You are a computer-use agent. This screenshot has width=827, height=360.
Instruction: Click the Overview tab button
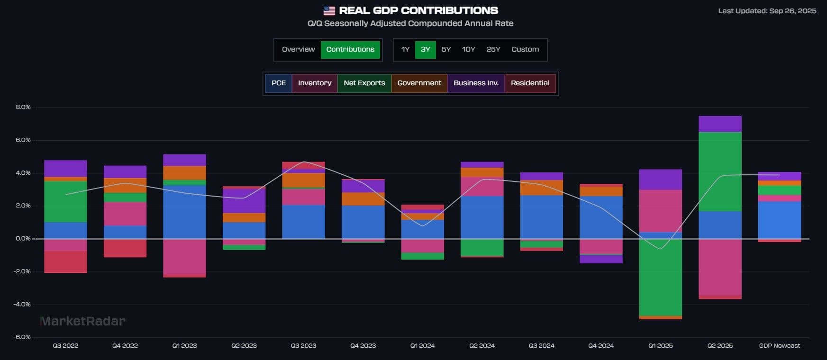[298, 49]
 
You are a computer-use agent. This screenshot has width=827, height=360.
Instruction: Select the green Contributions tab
[350, 49]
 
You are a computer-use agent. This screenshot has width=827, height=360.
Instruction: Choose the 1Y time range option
[405, 49]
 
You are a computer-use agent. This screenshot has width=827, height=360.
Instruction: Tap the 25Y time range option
[493, 49]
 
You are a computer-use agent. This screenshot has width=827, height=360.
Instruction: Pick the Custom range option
[525, 49]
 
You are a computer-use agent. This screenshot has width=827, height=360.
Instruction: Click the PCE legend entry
[279, 83]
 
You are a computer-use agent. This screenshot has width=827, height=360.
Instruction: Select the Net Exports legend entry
[364, 83]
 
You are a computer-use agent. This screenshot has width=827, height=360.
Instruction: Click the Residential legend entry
[530, 83]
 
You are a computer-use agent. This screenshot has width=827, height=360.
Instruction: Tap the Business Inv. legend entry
[476, 83]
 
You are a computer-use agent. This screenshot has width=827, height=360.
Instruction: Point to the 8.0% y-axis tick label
[23, 107]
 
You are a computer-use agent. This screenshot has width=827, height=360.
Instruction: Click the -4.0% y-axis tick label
[22, 304]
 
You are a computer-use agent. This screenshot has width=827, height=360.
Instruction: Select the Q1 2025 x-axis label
[661, 345]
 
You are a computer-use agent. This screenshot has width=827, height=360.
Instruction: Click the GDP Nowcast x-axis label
[779, 345]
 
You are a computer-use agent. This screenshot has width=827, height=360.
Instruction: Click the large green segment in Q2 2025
[720, 171]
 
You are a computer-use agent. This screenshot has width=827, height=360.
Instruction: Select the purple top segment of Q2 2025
[720, 124]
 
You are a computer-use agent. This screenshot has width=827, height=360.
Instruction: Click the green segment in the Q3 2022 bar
[65, 202]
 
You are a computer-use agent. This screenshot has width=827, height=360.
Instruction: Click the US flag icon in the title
[329, 10]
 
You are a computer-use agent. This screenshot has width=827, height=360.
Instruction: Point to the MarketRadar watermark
[83, 321]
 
